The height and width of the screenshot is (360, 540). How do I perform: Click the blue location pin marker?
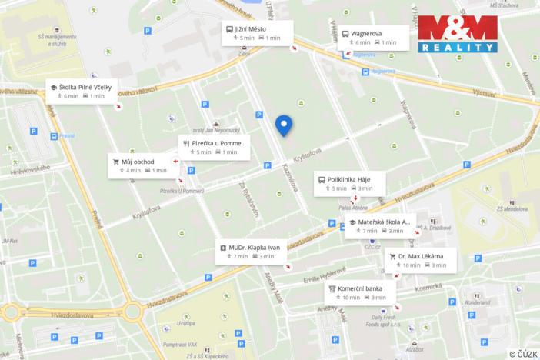[285, 125]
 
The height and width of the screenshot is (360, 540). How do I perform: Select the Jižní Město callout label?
[258, 33]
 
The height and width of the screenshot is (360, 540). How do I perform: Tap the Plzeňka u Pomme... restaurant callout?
[214, 147]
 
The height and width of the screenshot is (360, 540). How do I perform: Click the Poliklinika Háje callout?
[348, 183]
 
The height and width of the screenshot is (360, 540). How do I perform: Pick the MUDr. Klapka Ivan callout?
[252, 252]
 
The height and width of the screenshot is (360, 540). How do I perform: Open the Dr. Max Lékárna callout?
[421, 260]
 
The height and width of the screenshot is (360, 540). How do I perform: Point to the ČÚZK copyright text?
[523, 354]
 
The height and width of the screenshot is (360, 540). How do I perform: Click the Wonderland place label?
[498, 302]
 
